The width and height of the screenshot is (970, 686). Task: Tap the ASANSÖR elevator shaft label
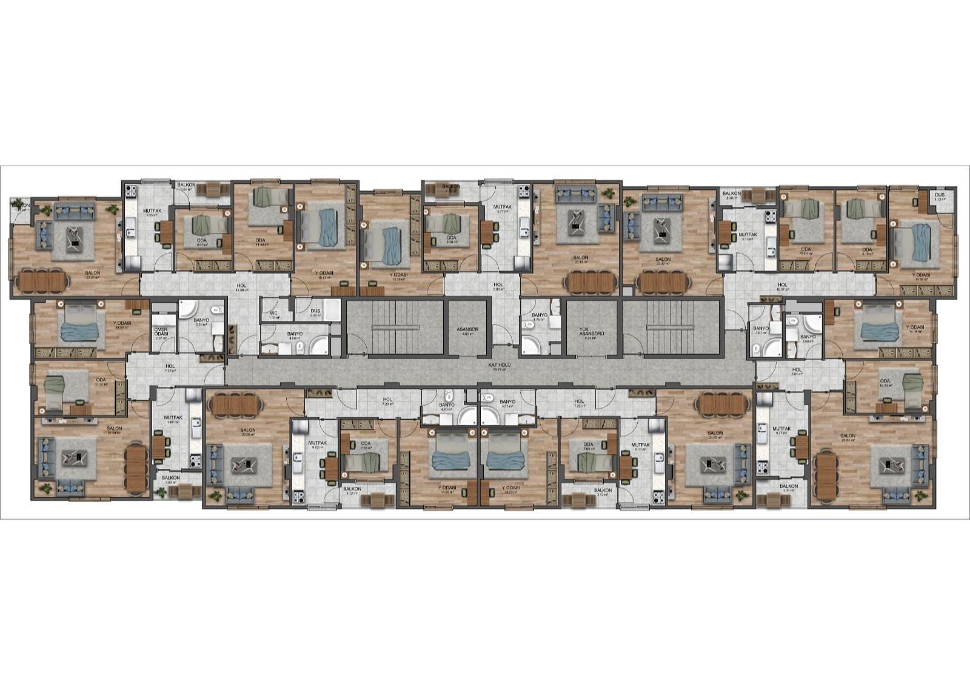(467, 329)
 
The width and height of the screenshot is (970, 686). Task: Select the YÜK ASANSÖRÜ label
(592, 334)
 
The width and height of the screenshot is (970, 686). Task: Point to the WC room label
(273, 314)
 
